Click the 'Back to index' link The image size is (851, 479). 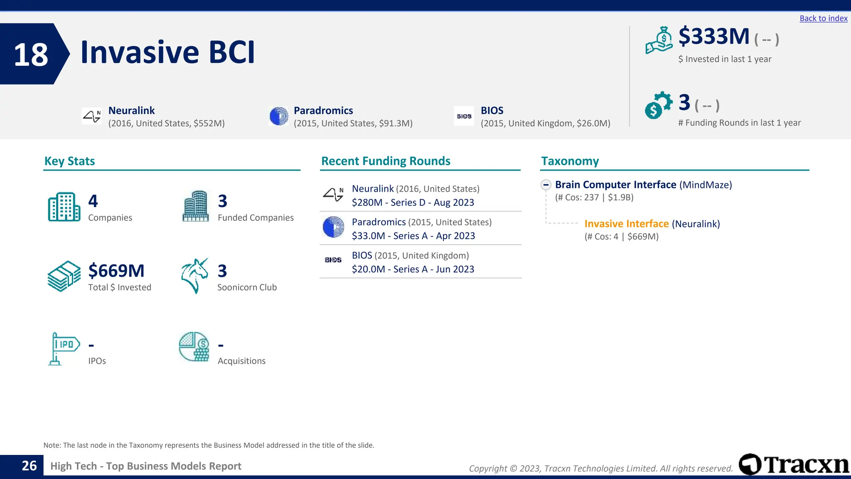tap(823, 18)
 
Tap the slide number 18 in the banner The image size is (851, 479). tap(31, 54)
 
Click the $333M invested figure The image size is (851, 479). tap(713, 36)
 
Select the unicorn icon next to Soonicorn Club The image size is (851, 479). tap(194, 276)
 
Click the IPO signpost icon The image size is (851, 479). tap(63, 348)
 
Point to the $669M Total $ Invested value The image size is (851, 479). tap(116, 271)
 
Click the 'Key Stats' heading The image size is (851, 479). tap(69, 161)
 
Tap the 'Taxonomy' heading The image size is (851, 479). tap(570, 161)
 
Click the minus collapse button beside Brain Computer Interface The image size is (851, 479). tap(546, 185)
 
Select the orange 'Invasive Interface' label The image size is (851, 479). tap(626, 224)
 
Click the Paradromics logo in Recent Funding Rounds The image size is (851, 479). tap(333, 227)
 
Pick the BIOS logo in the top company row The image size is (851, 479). tap(464, 116)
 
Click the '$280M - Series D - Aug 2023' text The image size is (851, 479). tap(413, 202)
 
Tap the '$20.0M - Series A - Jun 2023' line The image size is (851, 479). tap(413, 269)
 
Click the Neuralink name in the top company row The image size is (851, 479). tap(131, 111)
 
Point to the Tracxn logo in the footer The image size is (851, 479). tap(794, 464)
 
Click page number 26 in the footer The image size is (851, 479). tap(29, 466)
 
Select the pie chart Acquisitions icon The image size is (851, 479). tap(194, 346)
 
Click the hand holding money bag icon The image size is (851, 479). tap(659, 40)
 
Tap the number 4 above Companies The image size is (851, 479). tap(93, 201)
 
